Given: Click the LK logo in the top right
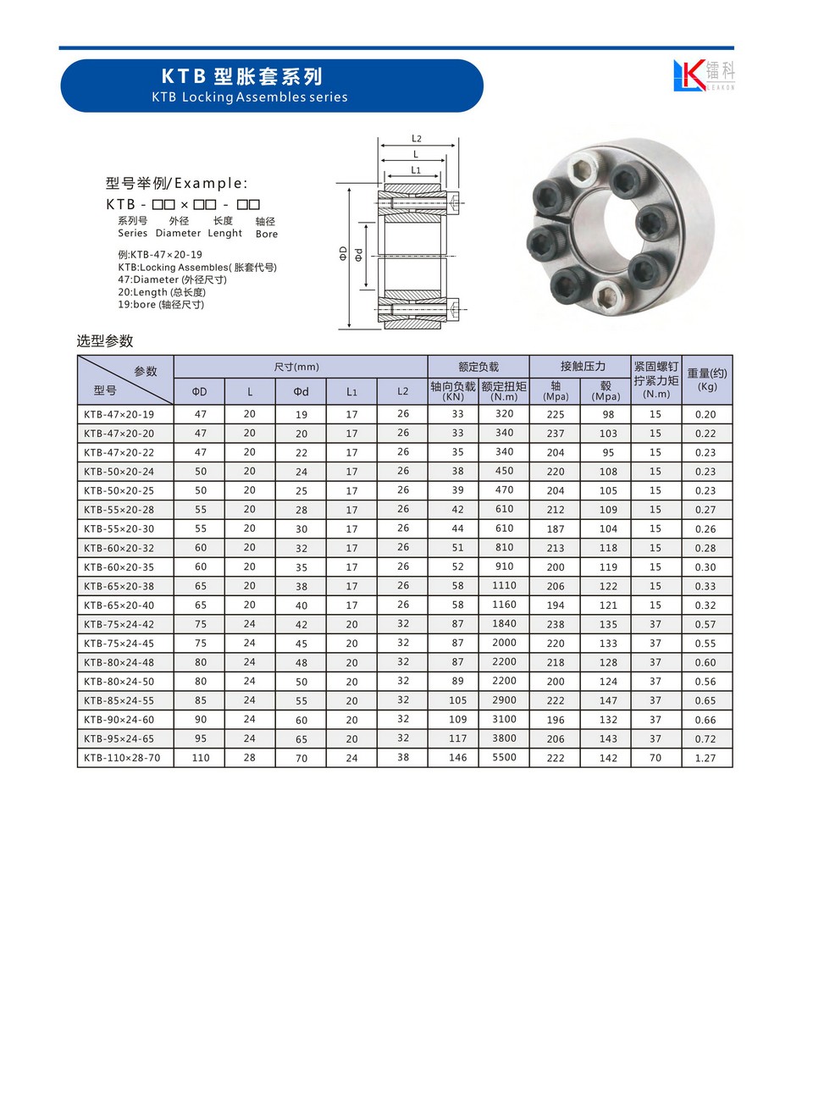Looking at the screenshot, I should [703, 75].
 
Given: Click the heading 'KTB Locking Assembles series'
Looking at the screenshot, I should [250, 97].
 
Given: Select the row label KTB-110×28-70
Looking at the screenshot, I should [122, 758].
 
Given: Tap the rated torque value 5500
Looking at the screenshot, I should [504, 757].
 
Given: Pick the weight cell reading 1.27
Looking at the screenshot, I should [705, 758].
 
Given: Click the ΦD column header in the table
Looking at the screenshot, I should [199, 391].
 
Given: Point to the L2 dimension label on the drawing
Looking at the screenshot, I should [417, 138].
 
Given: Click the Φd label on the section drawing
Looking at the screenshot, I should [359, 254].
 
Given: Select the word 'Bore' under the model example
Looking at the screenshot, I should [267, 234].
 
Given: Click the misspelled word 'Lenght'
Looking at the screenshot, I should [225, 233].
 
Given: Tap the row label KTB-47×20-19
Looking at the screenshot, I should [119, 414].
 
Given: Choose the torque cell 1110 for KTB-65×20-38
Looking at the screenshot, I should [504, 585].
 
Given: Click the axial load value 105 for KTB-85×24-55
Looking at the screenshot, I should [457, 700].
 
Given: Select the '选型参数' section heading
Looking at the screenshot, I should [105, 340].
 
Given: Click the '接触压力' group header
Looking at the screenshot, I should [583, 366].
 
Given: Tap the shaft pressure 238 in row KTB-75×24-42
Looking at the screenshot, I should [556, 624].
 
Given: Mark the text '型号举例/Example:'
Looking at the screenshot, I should [176, 183].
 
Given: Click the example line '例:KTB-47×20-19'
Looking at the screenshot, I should [160, 254].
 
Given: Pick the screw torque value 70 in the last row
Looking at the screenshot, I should [655, 757].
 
